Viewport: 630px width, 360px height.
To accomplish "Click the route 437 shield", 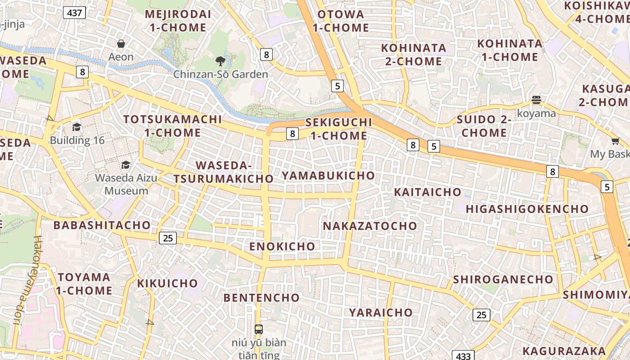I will coord(74,13).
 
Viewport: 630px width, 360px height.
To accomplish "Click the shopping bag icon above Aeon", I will coord(121,44).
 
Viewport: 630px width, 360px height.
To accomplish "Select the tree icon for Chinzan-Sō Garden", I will coord(220,61).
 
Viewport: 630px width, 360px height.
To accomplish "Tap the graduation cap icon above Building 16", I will coord(77,127).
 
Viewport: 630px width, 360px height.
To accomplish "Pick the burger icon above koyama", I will coord(536,100).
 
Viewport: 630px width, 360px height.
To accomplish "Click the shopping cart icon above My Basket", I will coord(615,141).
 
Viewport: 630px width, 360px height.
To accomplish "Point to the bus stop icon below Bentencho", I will coord(259,329).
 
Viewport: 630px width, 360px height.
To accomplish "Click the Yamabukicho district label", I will coord(328,175).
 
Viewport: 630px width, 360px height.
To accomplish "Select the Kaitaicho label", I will coord(427,192).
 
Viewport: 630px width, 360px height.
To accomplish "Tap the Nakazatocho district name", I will coord(370,226).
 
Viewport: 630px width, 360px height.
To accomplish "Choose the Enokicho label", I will coord(282,246).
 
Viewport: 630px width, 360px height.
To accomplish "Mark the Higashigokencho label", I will coord(527,209).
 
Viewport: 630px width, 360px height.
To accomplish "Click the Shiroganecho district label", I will coord(503,279).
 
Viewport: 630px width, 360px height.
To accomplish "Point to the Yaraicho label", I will coord(381,312).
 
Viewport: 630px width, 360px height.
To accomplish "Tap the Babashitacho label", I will coord(102,225).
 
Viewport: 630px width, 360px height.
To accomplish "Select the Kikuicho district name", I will coord(167,283).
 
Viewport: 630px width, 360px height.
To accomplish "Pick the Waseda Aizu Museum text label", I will coord(126,184).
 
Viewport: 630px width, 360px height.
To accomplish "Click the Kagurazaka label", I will coord(564,351).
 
